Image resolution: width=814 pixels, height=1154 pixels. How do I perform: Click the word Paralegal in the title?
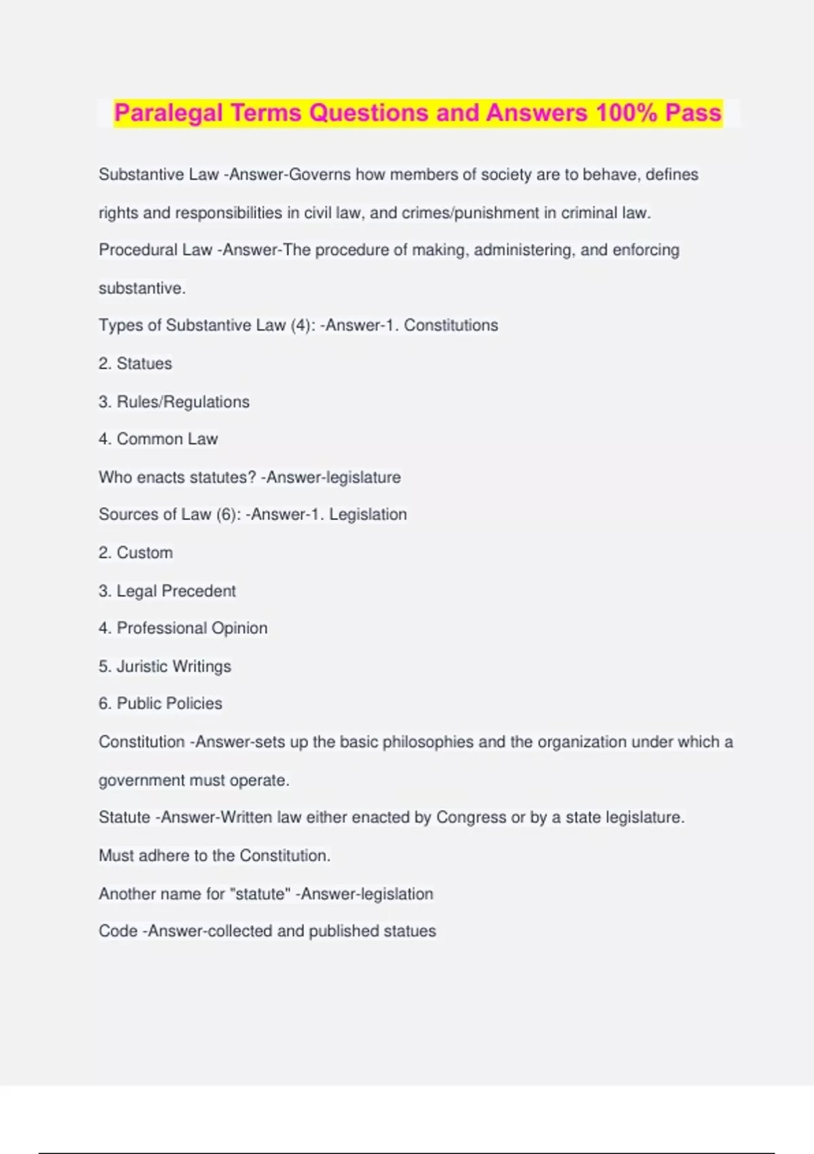[168, 113]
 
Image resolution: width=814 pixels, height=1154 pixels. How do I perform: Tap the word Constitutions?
[451, 325]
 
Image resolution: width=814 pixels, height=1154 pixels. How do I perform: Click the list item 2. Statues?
[135, 363]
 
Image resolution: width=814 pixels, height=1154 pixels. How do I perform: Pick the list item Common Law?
[167, 439]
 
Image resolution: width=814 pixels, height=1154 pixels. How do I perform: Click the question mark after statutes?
[252, 477]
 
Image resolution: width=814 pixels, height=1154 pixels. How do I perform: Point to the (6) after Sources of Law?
[229, 515]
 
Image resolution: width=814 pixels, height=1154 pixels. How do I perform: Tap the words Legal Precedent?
[176, 591]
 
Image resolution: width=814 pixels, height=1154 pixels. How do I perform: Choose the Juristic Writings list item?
[174, 666]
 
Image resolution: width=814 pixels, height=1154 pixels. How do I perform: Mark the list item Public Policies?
[169, 703]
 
